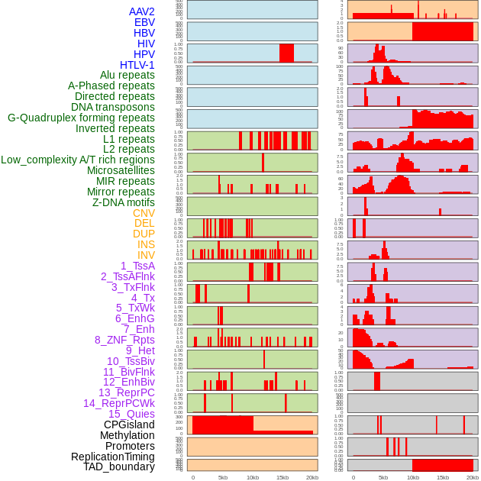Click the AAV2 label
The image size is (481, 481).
coord(141,11)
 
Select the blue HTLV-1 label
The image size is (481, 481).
coord(137,65)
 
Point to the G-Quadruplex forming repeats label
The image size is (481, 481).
coord(81,118)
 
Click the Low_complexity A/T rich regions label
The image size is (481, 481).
coord(77,160)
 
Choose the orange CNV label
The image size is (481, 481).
coord(144,213)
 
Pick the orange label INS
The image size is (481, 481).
coord(145,244)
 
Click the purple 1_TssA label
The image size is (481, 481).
coord(137,266)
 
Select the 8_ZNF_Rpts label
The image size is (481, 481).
coord(124,340)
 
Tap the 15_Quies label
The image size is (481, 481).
coord(131,414)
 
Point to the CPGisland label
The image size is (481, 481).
coord(129,425)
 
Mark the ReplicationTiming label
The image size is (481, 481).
coord(112,457)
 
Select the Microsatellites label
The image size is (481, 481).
coord(121,170)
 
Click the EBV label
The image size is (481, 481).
coord(144,22)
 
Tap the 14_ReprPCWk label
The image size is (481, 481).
coord(118,403)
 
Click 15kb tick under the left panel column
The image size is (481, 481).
coord(282,477)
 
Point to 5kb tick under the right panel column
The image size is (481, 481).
coord(383,477)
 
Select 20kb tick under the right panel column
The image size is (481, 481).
coord(473,477)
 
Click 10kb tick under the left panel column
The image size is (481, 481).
coord(252,477)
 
